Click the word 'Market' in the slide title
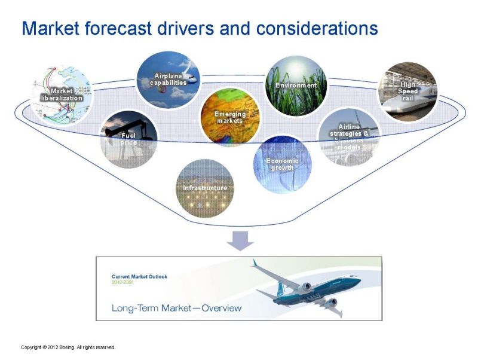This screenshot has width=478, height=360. pos(51,28)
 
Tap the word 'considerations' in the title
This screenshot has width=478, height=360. pos(317,28)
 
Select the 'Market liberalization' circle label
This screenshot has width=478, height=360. pos(62,94)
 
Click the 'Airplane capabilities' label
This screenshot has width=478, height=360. pos(168,80)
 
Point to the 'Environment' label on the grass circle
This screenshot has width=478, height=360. pos(296,86)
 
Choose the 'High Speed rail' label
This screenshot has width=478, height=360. pos(407,91)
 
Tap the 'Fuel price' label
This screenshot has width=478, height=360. pos(128,139)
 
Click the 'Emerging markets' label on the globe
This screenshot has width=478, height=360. pos(230,117)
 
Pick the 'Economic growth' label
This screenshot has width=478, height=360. pos(282,164)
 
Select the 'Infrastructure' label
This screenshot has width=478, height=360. pos(205,188)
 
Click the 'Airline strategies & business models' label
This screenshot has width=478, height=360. pos(349,137)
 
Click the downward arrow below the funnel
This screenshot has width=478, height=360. pos(240,241)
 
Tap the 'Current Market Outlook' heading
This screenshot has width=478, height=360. pos(139,277)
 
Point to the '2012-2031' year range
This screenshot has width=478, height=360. pos(122,282)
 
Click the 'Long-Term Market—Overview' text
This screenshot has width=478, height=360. pos(176,308)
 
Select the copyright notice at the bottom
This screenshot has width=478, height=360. pos(68,347)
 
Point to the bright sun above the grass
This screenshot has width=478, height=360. pos(296,66)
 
